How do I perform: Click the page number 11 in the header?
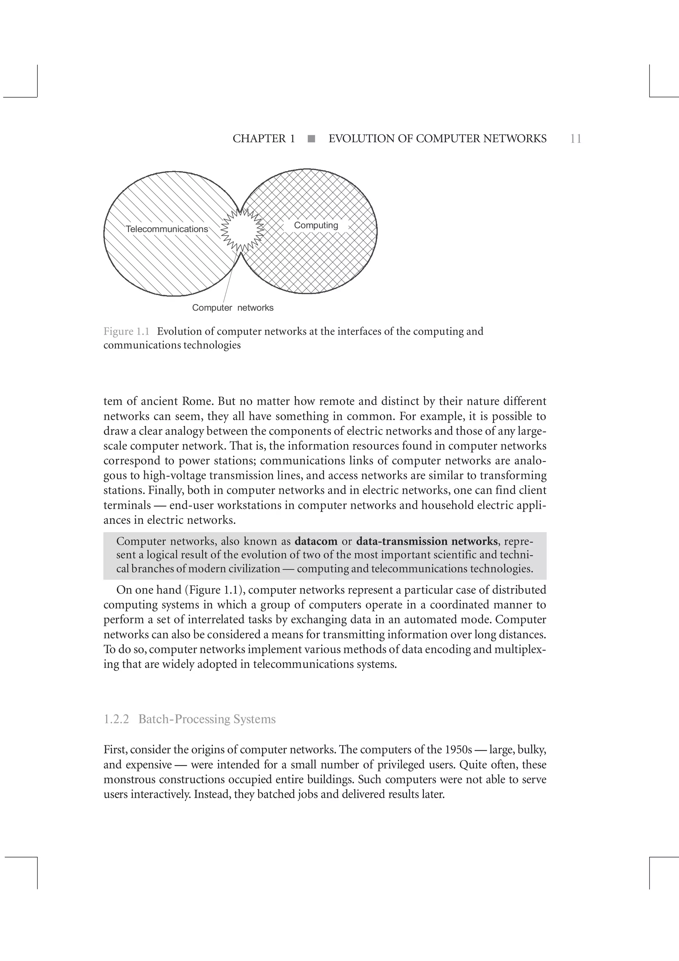pos(576,139)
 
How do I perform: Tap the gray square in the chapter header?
pos(311,139)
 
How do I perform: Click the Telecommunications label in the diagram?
pos(167,229)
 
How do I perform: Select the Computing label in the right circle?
pos(316,225)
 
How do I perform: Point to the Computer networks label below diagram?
pos(233,308)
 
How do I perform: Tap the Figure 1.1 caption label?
pos(126,332)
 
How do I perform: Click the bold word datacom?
pos(316,541)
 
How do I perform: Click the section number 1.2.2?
pos(116,719)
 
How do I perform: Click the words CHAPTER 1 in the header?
pos(264,139)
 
